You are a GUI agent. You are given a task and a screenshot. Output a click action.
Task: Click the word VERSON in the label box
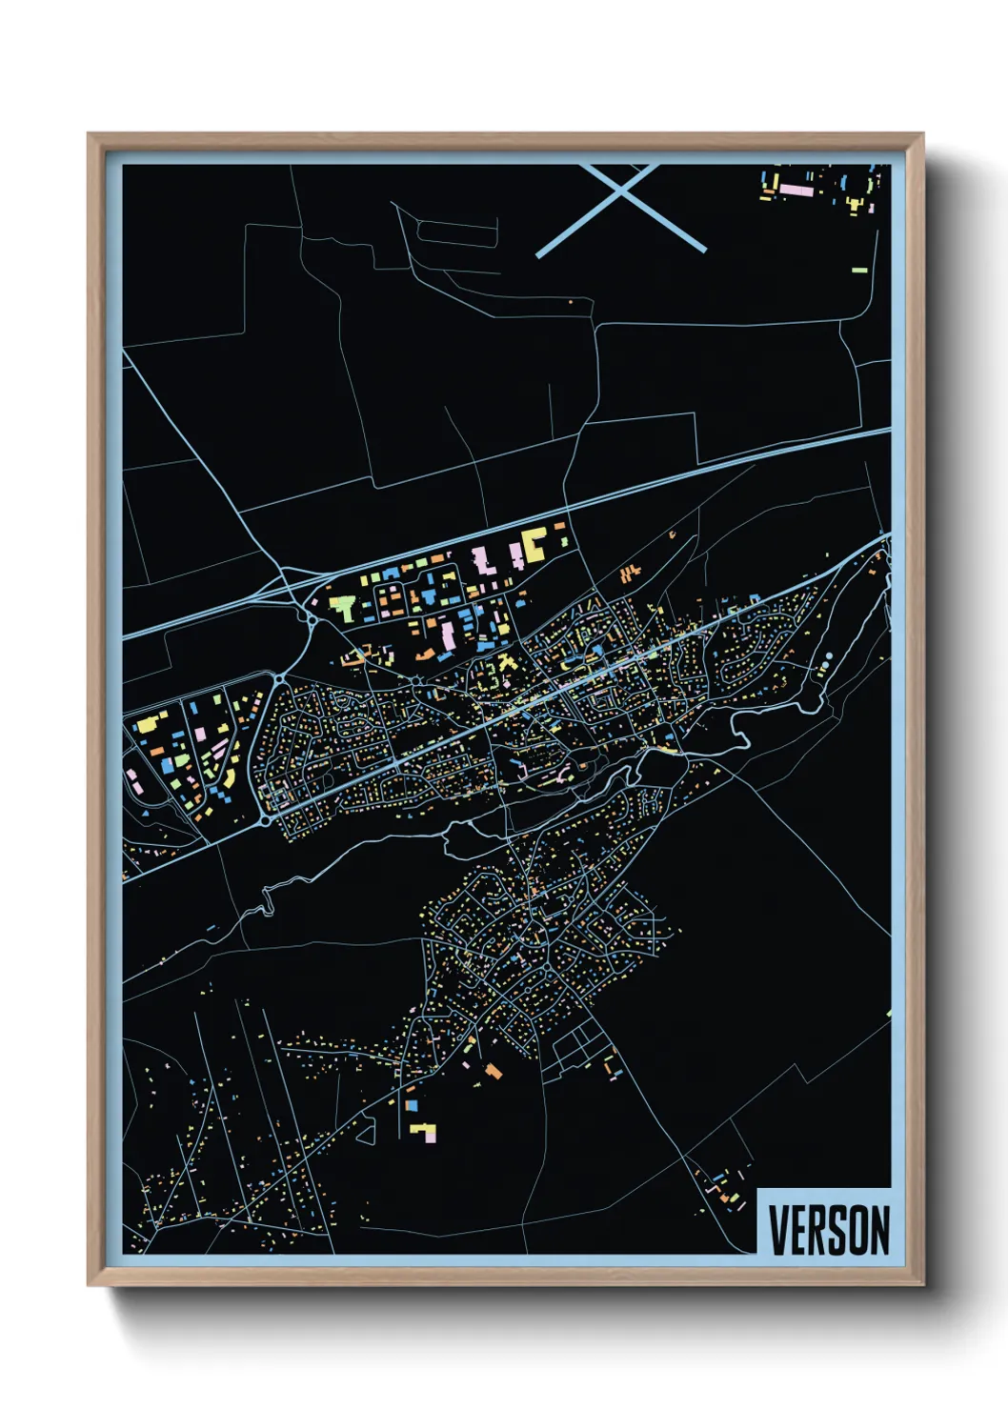(829, 1230)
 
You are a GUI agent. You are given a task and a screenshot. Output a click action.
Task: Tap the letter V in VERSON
(776, 1230)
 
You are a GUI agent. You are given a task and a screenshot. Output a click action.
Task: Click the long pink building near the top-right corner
(796, 191)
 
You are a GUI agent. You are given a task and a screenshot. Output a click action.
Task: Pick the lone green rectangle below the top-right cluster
(859, 271)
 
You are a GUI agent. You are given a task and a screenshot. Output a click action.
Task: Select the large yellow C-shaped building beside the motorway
(534, 543)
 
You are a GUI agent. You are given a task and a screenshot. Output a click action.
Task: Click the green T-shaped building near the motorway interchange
(343, 606)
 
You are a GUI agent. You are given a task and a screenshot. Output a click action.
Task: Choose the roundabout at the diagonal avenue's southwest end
(264, 817)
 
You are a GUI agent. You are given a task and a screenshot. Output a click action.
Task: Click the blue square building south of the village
(413, 1106)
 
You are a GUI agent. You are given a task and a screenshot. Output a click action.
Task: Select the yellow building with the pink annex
(423, 1132)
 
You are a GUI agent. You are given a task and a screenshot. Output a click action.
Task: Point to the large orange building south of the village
(493, 1071)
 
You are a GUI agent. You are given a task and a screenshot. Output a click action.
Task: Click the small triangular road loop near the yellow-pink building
(364, 1131)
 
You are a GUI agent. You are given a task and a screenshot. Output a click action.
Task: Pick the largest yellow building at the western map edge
(147, 725)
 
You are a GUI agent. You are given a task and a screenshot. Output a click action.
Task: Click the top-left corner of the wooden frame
(89, 134)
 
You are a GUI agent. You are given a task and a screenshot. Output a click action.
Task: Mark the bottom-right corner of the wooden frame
(923, 1285)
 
